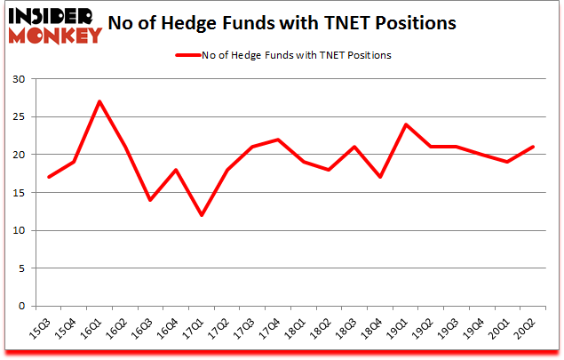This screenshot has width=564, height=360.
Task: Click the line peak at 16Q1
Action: tap(99, 101)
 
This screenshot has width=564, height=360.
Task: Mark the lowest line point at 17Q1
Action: tap(203, 215)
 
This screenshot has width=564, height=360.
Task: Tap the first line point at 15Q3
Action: tap(49, 177)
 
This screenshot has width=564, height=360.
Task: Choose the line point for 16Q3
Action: tap(151, 200)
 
